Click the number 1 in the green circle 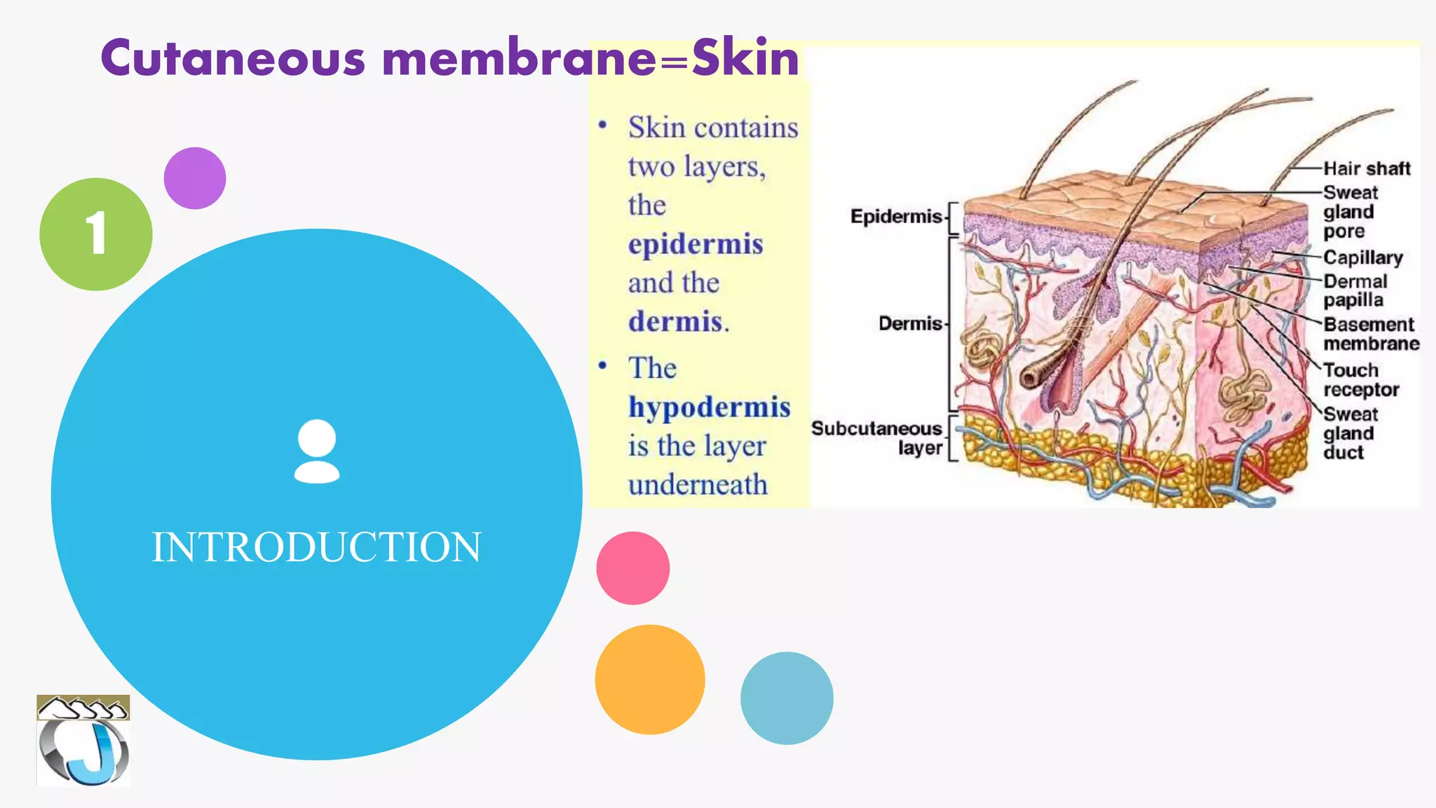[x=96, y=234]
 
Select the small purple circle [x=195, y=178]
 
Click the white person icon [x=317, y=451]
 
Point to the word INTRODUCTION [x=317, y=547]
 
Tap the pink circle [x=632, y=568]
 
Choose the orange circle [x=649, y=680]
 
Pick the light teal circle [x=787, y=698]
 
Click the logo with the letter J [x=83, y=741]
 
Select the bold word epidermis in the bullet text [x=696, y=245]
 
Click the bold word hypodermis [x=709, y=408]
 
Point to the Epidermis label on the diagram [x=895, y=216]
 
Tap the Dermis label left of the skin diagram [x=910, y=323]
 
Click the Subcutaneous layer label [x=877, y=438]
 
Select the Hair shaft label [x=1366, y=168]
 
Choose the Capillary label [x=1362, y=257]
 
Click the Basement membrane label [x=1370, y=334]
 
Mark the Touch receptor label [x=1360, y=379]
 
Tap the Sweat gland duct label [x=1349, y=433]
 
